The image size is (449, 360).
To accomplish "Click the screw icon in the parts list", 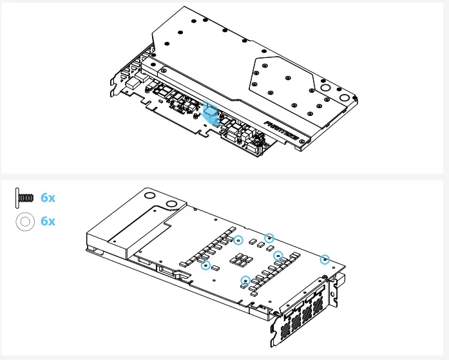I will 24,198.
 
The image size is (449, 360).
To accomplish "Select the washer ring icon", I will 24,222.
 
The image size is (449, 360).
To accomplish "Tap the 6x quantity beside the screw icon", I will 48,198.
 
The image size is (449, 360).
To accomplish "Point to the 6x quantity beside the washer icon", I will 48,222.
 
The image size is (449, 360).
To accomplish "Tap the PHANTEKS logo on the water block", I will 281,123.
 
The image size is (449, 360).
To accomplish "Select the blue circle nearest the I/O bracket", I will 325,260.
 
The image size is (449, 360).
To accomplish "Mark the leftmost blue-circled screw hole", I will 205,265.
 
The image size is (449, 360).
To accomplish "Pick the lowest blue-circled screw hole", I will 245,280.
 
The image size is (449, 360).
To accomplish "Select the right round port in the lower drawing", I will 173,205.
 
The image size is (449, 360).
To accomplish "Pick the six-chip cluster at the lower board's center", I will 242,260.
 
